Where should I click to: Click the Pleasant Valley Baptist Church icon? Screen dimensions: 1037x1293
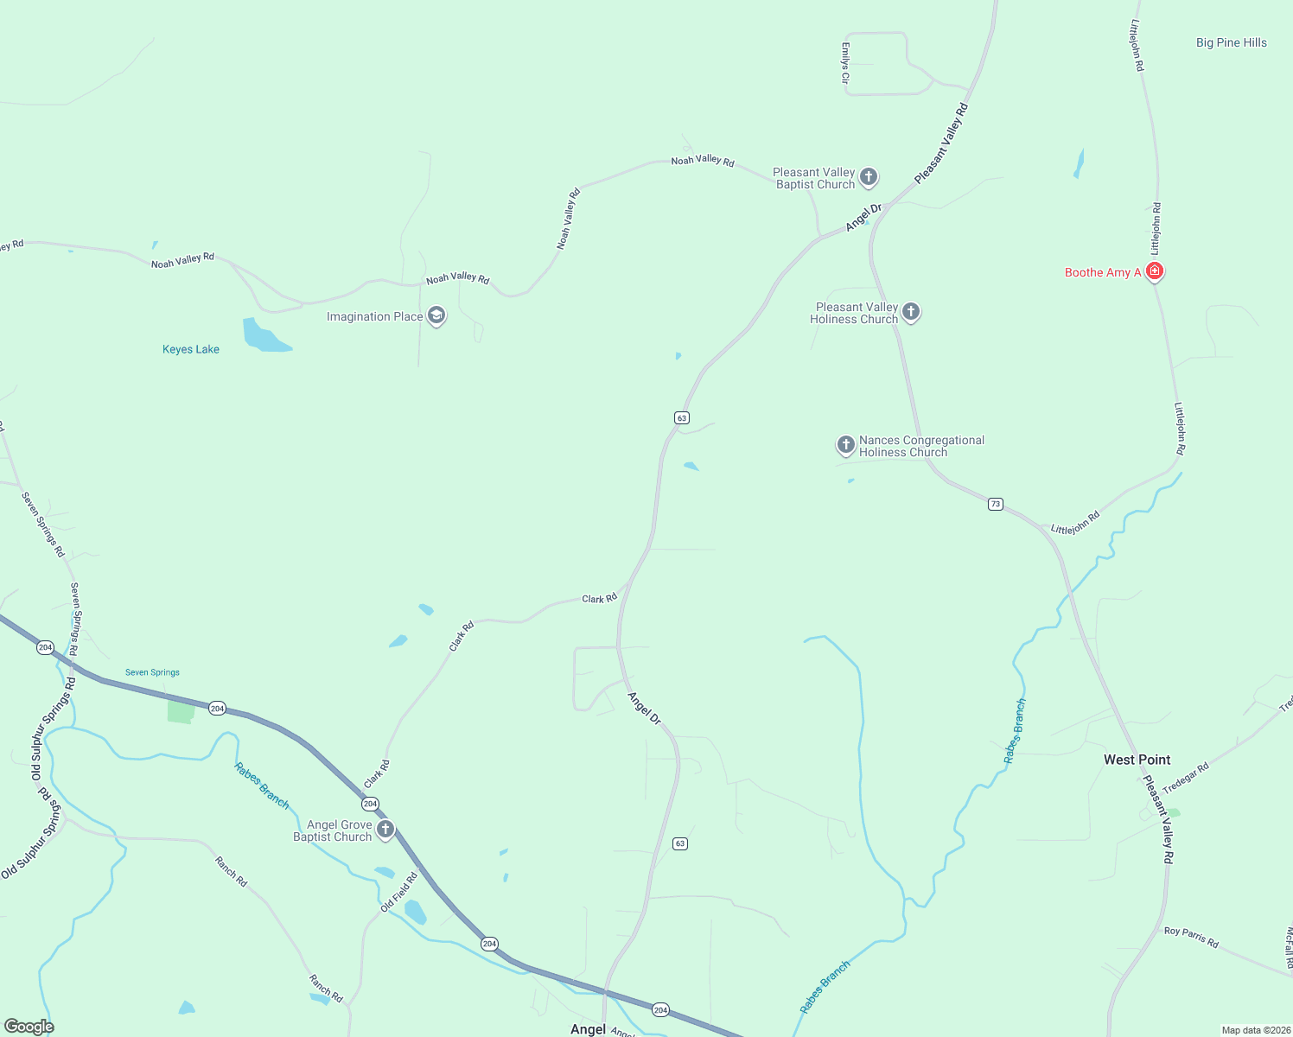(869, 178)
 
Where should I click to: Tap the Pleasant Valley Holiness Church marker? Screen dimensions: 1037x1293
(910, 312)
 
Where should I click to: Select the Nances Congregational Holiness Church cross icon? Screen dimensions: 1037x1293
(845, 445)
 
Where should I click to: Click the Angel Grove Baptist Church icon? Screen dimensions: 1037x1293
(385, 830)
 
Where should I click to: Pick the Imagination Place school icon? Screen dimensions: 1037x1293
(436, 316)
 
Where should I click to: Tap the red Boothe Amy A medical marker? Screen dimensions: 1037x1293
(1154, 271)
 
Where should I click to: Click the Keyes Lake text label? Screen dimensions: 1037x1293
(191, 349)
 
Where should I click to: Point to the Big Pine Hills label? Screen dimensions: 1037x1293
(1231, 42)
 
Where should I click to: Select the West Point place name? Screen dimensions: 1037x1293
(1137, 760)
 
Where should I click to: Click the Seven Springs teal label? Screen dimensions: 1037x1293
(152, 672)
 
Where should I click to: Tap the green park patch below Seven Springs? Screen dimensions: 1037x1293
(181, 711)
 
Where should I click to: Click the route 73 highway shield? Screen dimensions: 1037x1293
(995, 504)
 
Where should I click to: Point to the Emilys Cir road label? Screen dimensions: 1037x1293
(845, 63)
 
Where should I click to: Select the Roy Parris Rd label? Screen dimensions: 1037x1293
(1191, 937)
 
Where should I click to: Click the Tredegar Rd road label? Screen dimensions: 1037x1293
(1185, 778)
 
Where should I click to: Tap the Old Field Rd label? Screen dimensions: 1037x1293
(398, 892)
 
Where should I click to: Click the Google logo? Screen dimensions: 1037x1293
(29, 1026)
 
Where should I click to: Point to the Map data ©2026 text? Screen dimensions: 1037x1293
(1255, 1030)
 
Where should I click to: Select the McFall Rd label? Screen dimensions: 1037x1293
(1289, 947)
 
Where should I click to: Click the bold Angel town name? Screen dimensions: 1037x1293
(588, 1029)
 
